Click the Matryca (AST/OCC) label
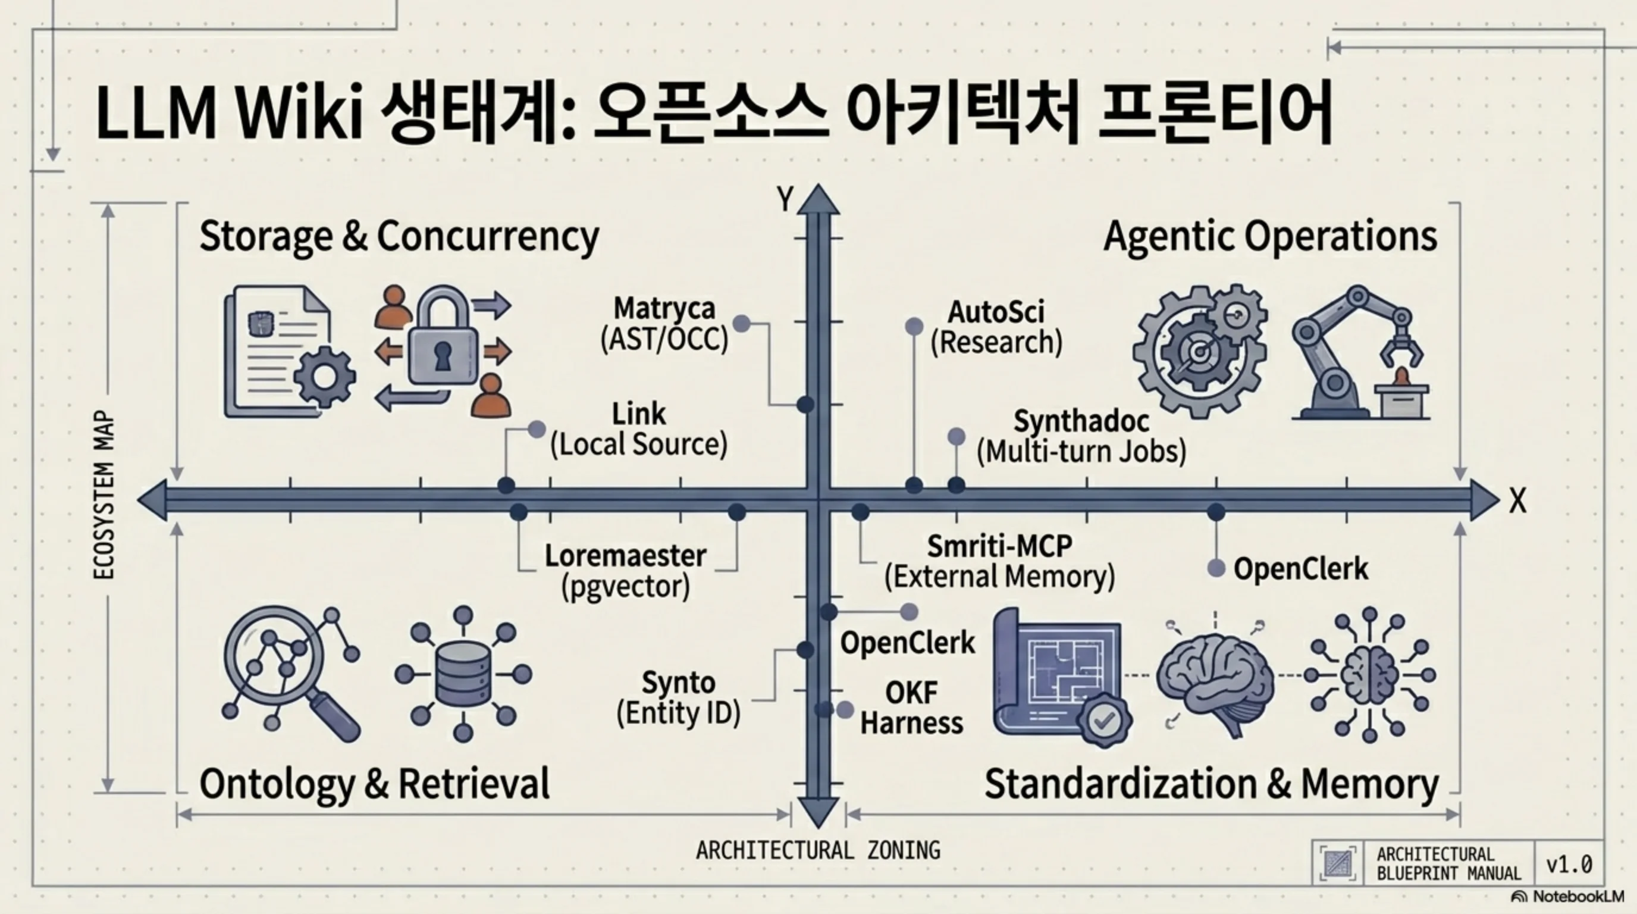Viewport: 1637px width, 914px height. (664, 324)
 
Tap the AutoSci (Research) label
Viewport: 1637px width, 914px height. (996, 327)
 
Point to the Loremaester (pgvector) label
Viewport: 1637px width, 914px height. (626, 571)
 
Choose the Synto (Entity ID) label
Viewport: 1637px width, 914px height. (679, 698)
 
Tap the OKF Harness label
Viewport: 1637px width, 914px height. (912, 708)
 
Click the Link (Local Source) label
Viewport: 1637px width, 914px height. (639, 429)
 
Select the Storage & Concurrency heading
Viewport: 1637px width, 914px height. (399, 236)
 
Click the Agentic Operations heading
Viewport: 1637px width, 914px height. (1271, 236)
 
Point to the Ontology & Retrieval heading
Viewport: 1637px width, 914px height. (374, 783)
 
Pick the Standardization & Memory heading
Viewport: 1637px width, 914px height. (1212, 783)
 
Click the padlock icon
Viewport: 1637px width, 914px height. (443, 335)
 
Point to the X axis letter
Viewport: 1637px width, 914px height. (1517, 502)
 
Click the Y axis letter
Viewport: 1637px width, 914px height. (785, 199)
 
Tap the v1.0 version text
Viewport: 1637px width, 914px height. (1570, 865)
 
